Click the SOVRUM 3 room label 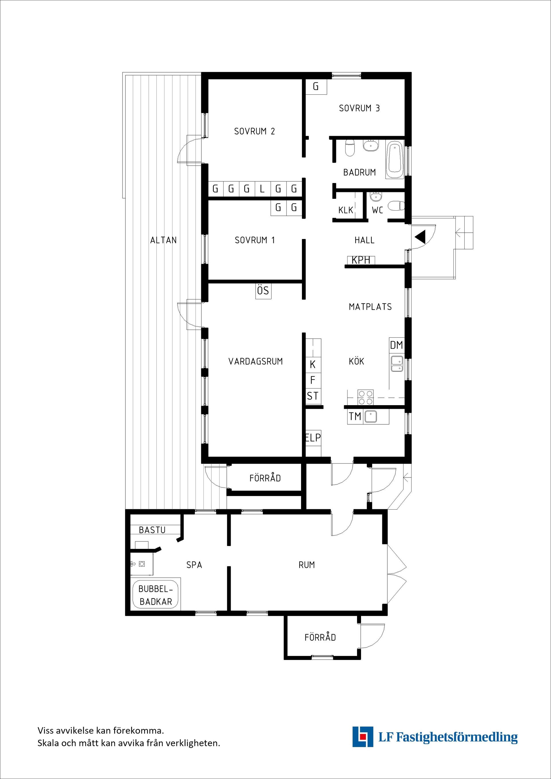pos(359,108)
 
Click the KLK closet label pos(346,210)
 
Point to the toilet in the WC pos(397,206)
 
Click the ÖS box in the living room pos(263,291)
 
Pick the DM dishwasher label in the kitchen pos(397,345)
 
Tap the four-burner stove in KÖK pos(365,397)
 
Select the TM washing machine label pos(355,416)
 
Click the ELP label pos(313,438)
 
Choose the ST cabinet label pos(313,396)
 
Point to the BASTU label pos(152,530)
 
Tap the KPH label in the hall pos(361,260)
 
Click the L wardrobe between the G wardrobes pos(262,189)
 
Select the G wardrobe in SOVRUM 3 pos(316,87)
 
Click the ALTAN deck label pos(164,240)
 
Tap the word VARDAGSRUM pos(255,362)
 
